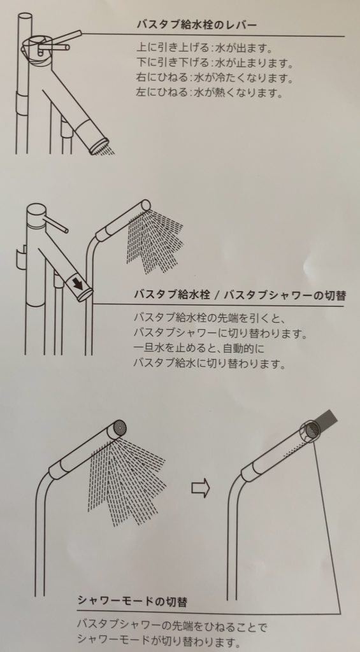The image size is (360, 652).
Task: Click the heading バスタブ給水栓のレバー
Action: click(x=196, y=25)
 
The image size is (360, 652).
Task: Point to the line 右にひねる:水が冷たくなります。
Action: click(x=215, y=77)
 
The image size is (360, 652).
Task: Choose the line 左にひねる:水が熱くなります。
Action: click(x=210, y=92)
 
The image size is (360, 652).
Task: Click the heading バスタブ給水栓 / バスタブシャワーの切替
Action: click(x=240, y=295)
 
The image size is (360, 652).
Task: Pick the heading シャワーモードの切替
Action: click(x=133, y=601)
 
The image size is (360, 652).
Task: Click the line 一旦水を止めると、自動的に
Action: click(x=199, y=348)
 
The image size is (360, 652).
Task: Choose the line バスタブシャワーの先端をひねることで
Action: click(x=172, y=625)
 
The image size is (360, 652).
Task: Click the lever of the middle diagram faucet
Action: click(x=56, y=223)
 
